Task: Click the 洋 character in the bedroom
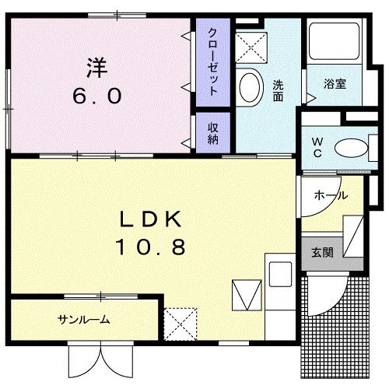(x=97, y=68)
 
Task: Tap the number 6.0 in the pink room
(x=97, y=96)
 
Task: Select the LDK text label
(x=150, y=219)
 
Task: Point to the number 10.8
(x=150, y=247)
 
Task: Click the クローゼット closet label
(x=212, y=61)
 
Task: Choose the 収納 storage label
(x=212, y=133)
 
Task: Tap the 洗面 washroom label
(x=278, y=90)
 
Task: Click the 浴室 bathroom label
(x=335, y=84)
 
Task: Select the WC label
(x=317, y=148)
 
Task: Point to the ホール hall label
(x=331, y=195)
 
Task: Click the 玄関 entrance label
(x=322, y=252)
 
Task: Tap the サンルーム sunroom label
(x=84, y=320)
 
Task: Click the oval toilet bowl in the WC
(x=351, y=148)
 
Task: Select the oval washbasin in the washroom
(x=249, y=87)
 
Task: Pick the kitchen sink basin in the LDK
(x=280, y=274)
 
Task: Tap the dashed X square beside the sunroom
(x=180, y=324)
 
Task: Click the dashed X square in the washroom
(x=251, y=47)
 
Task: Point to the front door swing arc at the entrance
(x=335, y=302)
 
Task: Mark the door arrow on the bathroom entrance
(x=311, y=98)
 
